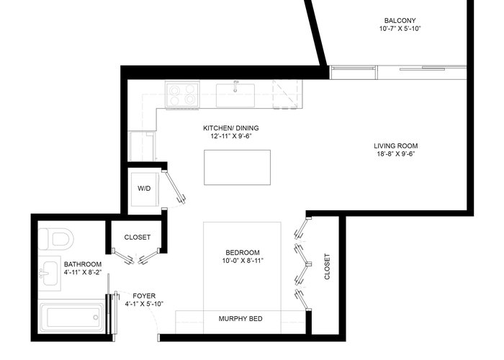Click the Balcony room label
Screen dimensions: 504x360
coord(400,21)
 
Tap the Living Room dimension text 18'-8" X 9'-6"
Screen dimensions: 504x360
coord(396,153)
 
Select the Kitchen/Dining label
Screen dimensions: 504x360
coord(231,128)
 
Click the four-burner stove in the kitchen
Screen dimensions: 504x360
coord(182,94)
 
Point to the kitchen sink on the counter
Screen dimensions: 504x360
coord(235,95)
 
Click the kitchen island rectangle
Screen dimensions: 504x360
coord(237,167)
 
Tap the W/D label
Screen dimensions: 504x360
coord(144,189)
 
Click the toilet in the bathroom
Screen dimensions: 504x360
coord(56,239)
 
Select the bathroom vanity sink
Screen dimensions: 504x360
coord(50,273)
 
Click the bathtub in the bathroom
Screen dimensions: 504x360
coord(72,317)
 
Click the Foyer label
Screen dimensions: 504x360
coord(144,296)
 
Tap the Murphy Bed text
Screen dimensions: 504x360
coord(240,318)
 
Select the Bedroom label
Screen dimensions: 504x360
coord(243,252)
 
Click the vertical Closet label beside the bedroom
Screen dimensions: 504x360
coord(327,266)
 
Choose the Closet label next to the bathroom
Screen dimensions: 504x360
coord(138,237)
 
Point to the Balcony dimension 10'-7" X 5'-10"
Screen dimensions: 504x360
coord(400,29)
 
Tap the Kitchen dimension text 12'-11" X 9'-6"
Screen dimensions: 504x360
coord(231,136)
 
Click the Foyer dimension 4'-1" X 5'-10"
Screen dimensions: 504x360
coord(144,304)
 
